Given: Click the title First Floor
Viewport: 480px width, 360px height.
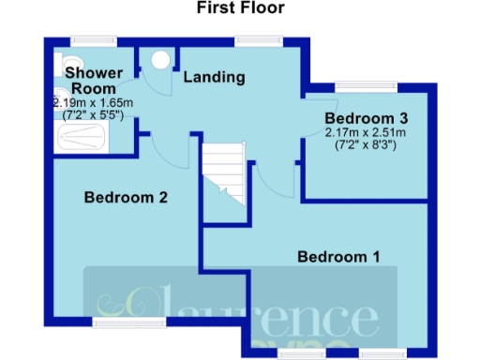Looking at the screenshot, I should click(x=240, y=8).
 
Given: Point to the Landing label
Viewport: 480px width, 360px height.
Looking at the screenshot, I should click(x=214, y=77).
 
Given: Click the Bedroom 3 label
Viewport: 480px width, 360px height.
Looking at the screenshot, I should click(x=367, y=119).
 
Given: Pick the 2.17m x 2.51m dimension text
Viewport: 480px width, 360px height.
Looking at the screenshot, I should click(x=367, y=134).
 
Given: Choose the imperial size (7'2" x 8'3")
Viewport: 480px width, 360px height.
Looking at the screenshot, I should click(x=367, y=146).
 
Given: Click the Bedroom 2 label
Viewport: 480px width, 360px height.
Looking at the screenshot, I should click(x=126, y=198).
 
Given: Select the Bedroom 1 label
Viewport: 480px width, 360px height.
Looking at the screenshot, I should click(x=338, y=256).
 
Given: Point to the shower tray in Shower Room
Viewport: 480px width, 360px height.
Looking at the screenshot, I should click(x=82, y=139).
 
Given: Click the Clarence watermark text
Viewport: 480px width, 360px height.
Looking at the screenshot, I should click(x=234, y=305).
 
